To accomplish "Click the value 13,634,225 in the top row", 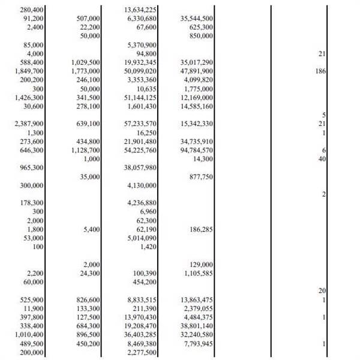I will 140,10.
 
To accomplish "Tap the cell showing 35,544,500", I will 197,19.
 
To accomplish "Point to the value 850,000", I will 202,36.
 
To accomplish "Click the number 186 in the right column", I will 319,71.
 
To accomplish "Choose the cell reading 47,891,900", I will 197,71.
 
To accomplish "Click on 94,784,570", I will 197,150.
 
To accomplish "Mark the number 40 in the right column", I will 322,159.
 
